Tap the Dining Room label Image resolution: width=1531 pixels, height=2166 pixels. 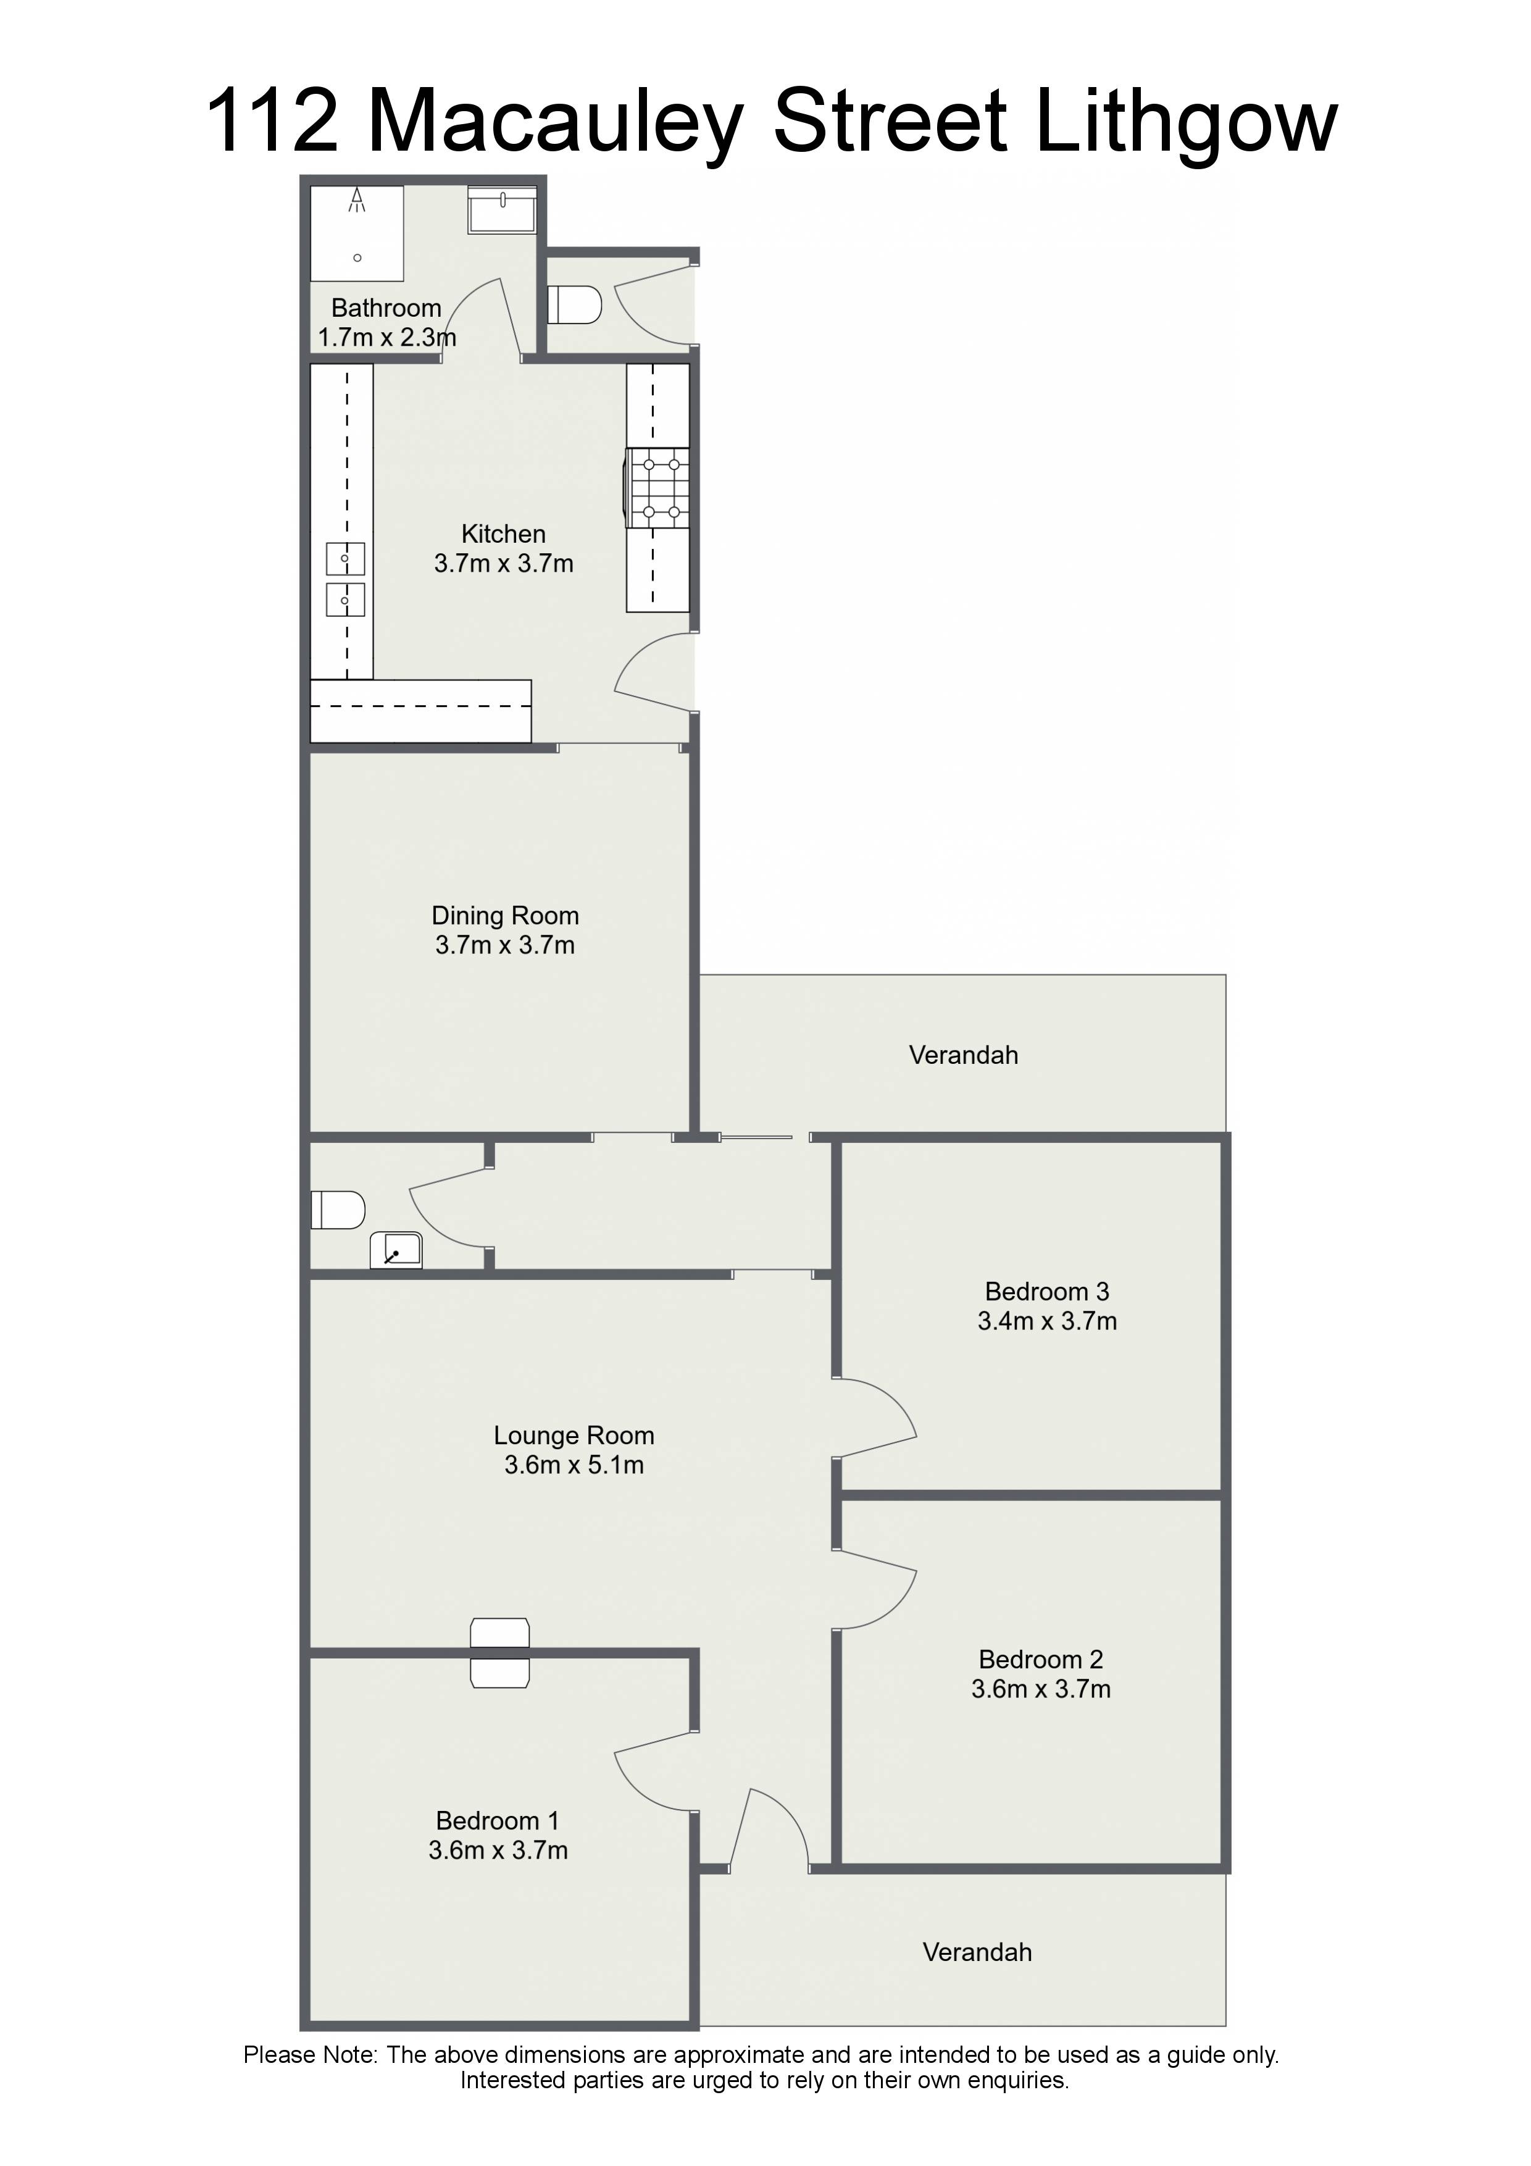(504, 916)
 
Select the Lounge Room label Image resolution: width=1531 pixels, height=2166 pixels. (574, 1436)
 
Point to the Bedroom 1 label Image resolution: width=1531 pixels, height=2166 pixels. (497, 1821)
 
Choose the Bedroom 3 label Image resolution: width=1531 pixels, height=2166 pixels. (1046, 1292)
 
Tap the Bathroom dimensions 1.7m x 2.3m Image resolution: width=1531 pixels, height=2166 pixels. (386, 338)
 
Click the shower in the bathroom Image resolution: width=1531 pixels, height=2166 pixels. (357, 233)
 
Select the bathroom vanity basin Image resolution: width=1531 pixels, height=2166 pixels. (502, 209)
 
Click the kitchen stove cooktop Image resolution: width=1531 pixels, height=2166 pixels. (657, 488)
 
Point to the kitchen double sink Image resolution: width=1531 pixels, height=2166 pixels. (345, 579)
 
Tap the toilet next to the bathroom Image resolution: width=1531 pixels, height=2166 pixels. (575, 305)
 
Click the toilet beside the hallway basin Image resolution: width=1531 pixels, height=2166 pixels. (338, 1210)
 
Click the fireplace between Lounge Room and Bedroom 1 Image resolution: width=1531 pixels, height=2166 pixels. (500, 1653)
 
